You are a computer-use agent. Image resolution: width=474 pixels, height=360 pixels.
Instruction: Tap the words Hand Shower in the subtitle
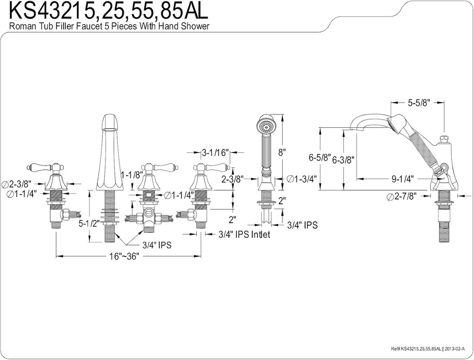[186, 26]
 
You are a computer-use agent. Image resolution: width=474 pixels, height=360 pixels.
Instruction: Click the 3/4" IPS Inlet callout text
[244, 235]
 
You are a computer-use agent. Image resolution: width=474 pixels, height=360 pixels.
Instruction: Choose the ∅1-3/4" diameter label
[301, 179]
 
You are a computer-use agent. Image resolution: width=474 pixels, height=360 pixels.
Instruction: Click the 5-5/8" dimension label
[419, 104]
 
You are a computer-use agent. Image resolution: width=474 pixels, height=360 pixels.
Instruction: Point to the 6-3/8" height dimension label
[343, 160]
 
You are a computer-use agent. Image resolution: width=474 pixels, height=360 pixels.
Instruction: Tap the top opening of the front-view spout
[109, 120]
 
